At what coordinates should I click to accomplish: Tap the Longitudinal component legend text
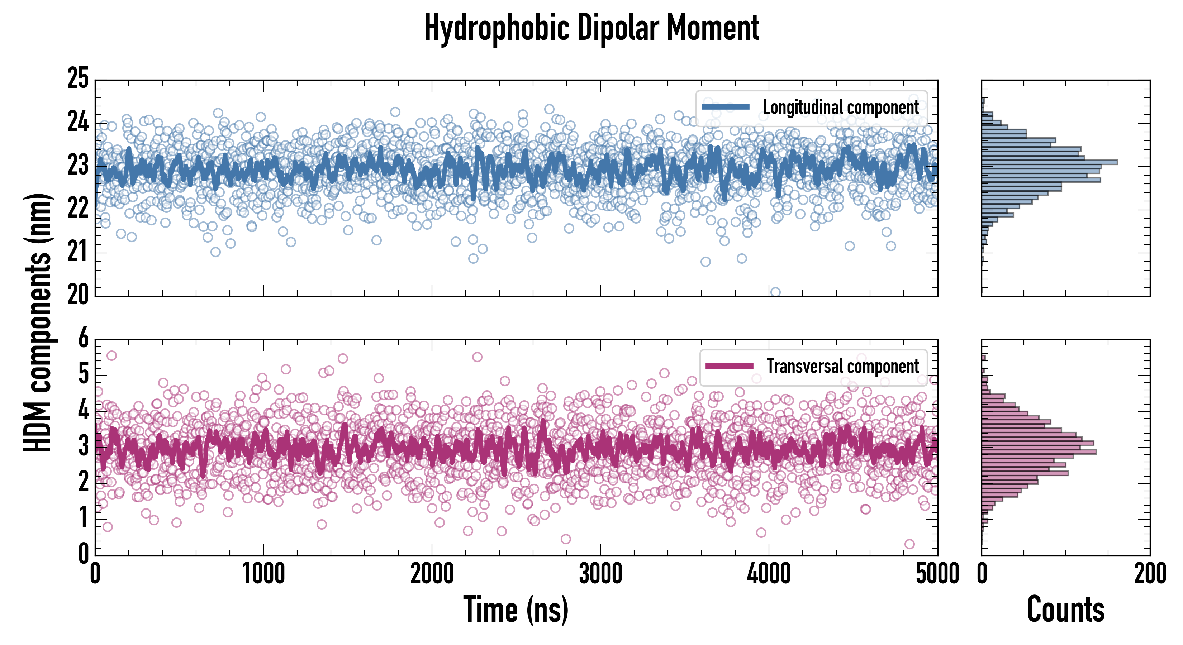[x=840, y=107]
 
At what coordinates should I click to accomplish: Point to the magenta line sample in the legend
[x=729, y=366]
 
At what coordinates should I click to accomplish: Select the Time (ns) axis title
[x=516, y=610]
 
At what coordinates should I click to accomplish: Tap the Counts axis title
[x=1065, y=610]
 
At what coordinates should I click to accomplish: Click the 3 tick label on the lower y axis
[x=83, y=446]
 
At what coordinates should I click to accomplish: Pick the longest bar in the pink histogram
[x=1039, y=452]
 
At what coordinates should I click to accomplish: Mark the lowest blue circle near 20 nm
[x=775, y=292]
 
